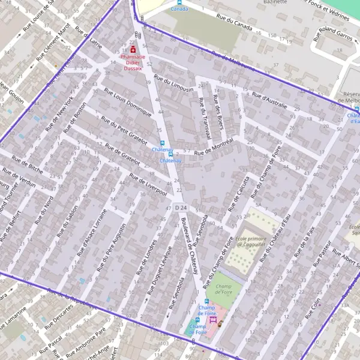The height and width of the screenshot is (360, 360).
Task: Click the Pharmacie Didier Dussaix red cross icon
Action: (x=133, y=49)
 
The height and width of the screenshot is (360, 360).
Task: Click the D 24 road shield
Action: (x=181, y=208)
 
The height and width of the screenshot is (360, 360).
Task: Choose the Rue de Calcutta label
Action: (x=238, y=194)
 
